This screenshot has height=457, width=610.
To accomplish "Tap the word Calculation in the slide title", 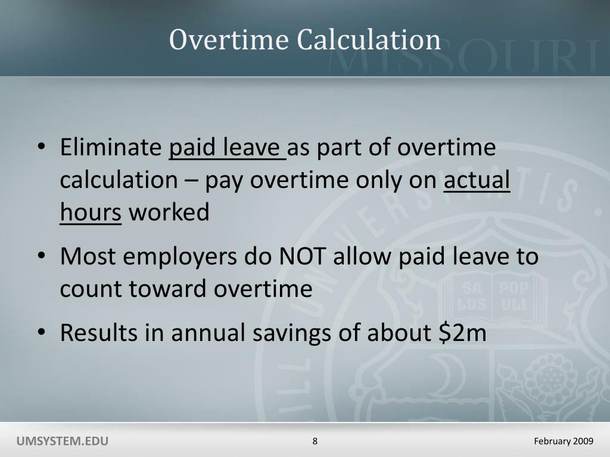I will click(x=369, y=40).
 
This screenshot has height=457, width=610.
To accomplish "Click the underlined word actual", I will click(x=477, y=180).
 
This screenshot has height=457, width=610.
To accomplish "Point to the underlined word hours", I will click(x=91, y=212).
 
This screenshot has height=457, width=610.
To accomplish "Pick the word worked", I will click(x=169, y=212).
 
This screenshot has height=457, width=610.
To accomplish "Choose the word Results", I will click(x=98, y=333).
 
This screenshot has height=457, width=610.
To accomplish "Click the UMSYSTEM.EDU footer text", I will click(x=63, y=441).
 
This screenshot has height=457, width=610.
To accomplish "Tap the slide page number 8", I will click(x=315, y=441).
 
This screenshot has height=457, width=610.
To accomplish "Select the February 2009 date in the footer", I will click(x=564, y=441).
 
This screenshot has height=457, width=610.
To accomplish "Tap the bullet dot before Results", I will click(x=41, y=334).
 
